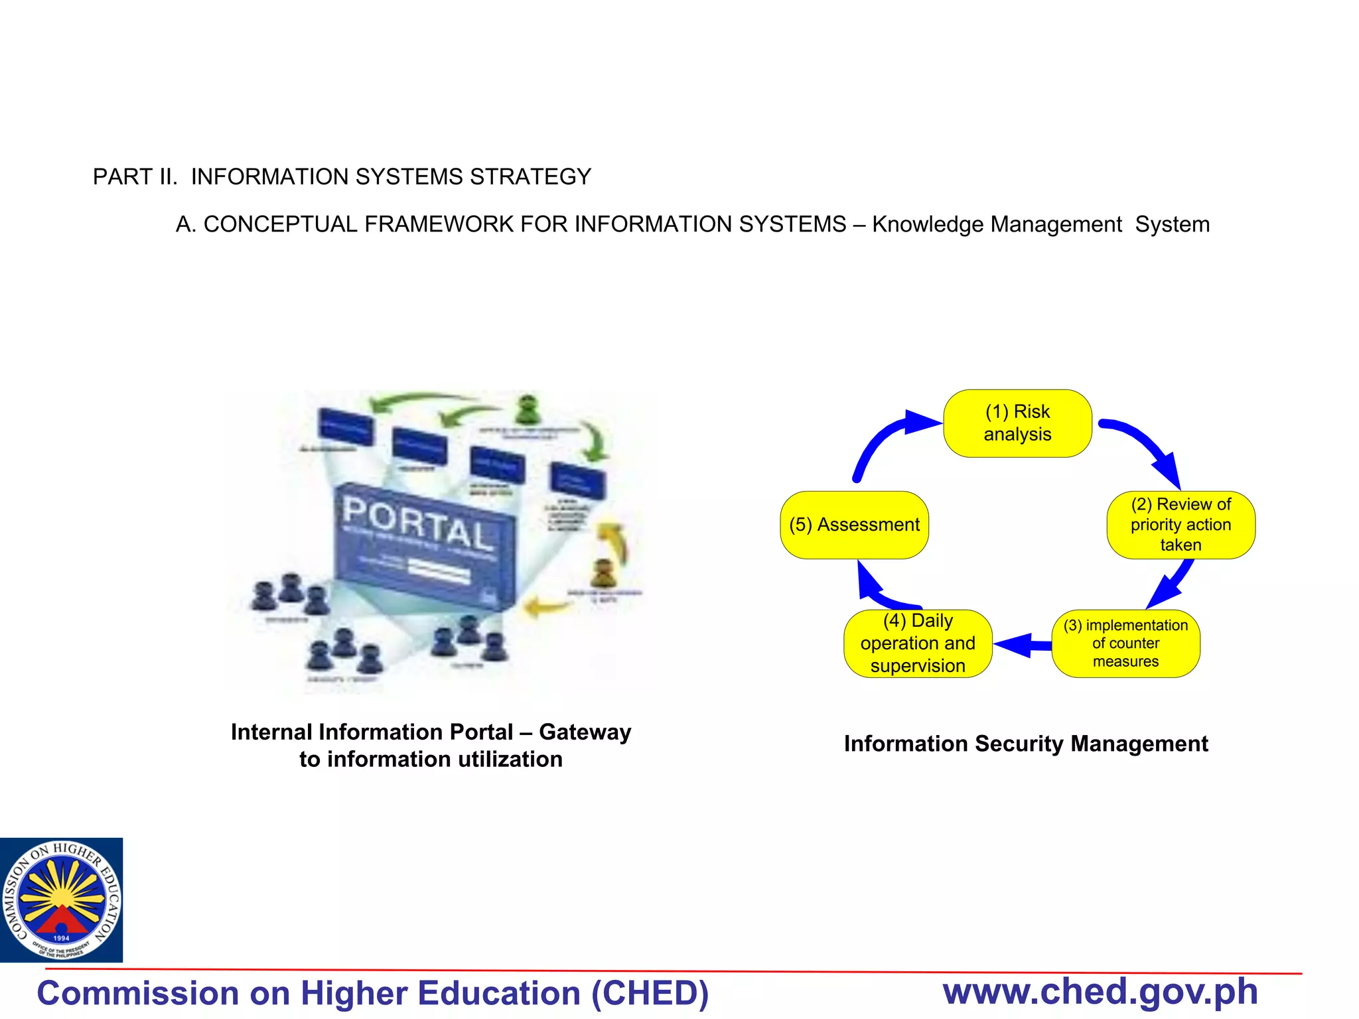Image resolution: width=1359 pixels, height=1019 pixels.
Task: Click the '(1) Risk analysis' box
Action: point(1017,423)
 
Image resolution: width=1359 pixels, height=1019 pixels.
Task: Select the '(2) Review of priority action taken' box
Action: point(1180,525)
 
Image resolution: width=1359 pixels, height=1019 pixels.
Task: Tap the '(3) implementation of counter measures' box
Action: point(1125,644)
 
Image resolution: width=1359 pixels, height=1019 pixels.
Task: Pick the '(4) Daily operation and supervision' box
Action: point(918,644)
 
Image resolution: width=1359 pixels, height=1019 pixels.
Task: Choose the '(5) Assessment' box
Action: point(854,525)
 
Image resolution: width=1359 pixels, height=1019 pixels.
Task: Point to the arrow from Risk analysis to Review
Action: point(1148,444)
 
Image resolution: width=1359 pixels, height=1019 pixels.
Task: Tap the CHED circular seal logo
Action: point(61,900)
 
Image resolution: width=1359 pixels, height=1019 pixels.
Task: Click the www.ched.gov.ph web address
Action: point(1100,992)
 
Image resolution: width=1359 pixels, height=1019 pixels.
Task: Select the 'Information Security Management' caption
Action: point(1026,744)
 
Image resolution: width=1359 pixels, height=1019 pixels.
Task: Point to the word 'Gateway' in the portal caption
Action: point(585,732)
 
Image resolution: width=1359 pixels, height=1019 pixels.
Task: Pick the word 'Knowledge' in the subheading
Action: point(927,224)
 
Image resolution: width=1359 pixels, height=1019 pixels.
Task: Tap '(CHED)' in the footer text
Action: point(650,993)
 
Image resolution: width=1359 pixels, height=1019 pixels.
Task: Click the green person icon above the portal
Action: point(528,409)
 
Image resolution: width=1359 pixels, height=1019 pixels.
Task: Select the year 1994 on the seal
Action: point(61,938)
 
